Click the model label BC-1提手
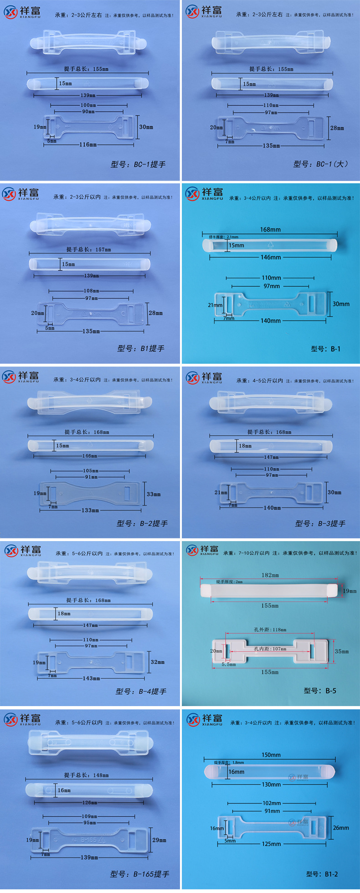click(x=138, y=165)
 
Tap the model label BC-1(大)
click(x=320, y=164)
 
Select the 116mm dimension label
click(x=88, y=145)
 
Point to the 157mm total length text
click(x=88, y=249)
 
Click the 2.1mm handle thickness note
click(x=223, y=237)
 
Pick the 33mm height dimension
click(x=154, y=494)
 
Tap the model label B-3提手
click(x=320, y=524)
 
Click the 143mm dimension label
click(x=91, y=678)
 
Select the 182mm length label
click(x=270, y=575)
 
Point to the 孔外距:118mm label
click(x=270, y=630)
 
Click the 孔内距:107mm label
click(x=270, y=649)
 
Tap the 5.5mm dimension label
click(x=229, y=665)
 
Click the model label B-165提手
click(x=139, y=874)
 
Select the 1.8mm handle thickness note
click(x=229, y=762)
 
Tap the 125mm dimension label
click(x=271, y=844)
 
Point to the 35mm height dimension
click(x=342, y=651)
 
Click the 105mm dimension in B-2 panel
click(x=91, y=470)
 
